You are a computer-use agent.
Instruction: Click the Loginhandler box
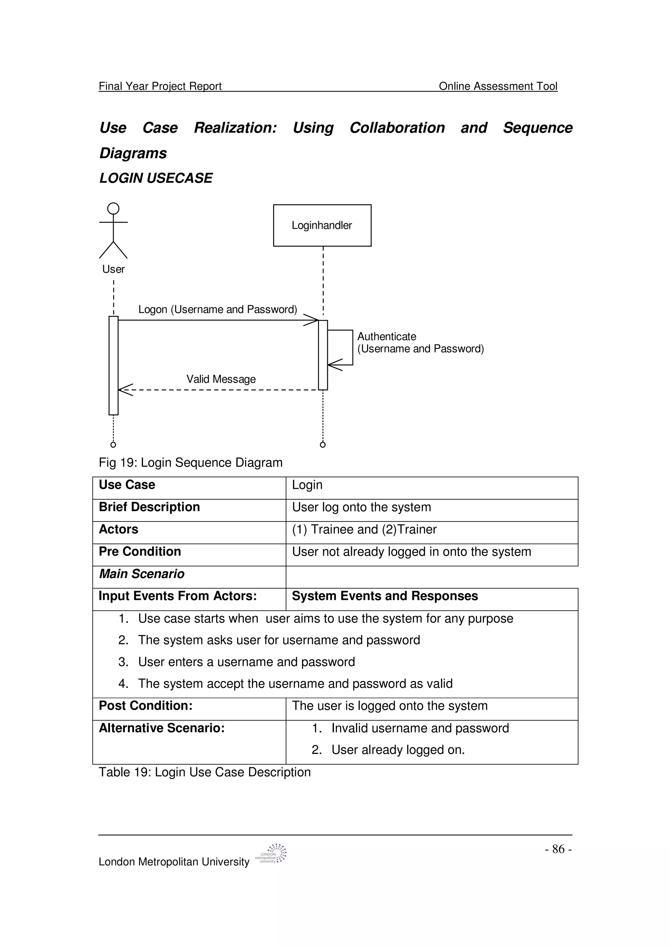(322, 225)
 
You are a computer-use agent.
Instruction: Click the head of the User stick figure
(113, 209)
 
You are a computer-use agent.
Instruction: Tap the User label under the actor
(113, 269)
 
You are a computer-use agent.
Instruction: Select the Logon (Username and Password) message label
(218, 309)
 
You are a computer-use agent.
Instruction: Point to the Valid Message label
(221, 379)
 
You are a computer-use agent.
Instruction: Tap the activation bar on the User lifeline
(114, 365)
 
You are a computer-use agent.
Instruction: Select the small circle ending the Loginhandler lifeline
(323, 445)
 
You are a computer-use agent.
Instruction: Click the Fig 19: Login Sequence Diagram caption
(190, 462)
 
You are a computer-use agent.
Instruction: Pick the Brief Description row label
(149, 507)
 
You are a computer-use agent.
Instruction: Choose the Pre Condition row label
(140, 552)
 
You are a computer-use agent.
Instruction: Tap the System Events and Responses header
(385, 596)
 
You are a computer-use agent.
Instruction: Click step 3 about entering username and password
(246, 662)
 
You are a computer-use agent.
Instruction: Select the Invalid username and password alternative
(420, 728)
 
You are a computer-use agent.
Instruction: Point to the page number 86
(558, 849)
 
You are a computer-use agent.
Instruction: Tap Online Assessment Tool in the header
(498, 86)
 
